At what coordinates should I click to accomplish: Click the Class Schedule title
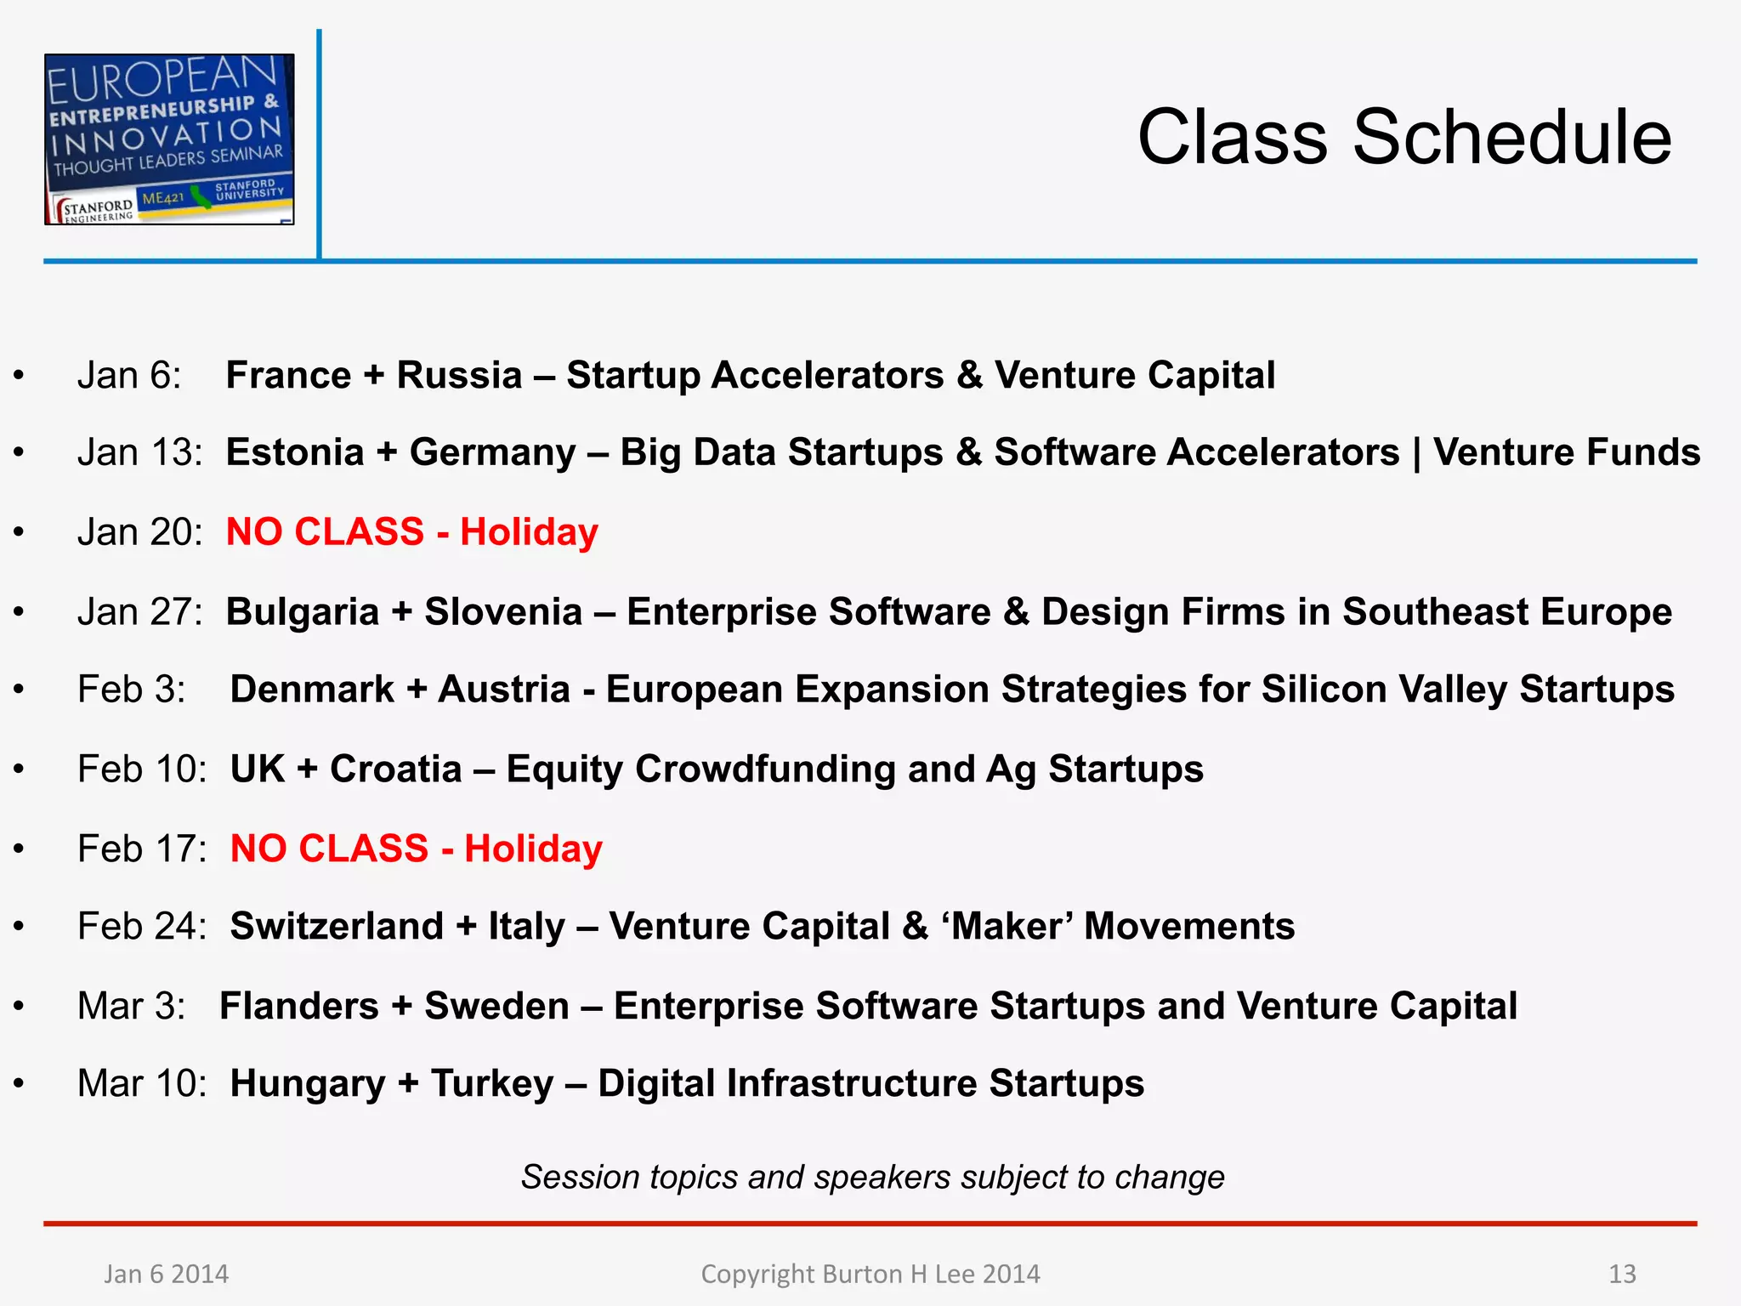pos(1404,138)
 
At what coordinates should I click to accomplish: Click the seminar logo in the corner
pos(169,139)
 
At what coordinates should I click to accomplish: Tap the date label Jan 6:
pos(129,375)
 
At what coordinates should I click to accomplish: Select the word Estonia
pos(295,452)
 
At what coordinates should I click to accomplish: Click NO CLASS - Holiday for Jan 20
pos(411,532)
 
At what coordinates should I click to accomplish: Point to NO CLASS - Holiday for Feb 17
pos(416,849)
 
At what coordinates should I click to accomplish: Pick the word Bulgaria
pos(303,612)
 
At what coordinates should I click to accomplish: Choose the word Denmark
pos(312,690)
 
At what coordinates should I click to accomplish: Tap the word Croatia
pos(395,769)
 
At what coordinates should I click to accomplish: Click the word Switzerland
pos(337,926)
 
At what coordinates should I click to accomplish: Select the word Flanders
pos(299,1006)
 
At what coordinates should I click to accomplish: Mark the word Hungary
pos(308,1084)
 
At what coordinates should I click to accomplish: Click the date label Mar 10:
pos(142,1084)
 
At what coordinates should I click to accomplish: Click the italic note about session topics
pos(872,1178)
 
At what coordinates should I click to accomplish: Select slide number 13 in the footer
pos(1622,1274)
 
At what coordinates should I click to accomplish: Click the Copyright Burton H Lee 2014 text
pos(870,1274)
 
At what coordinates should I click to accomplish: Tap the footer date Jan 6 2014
pos(166,1274)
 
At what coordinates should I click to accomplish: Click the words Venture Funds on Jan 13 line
pos(1567,452)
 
